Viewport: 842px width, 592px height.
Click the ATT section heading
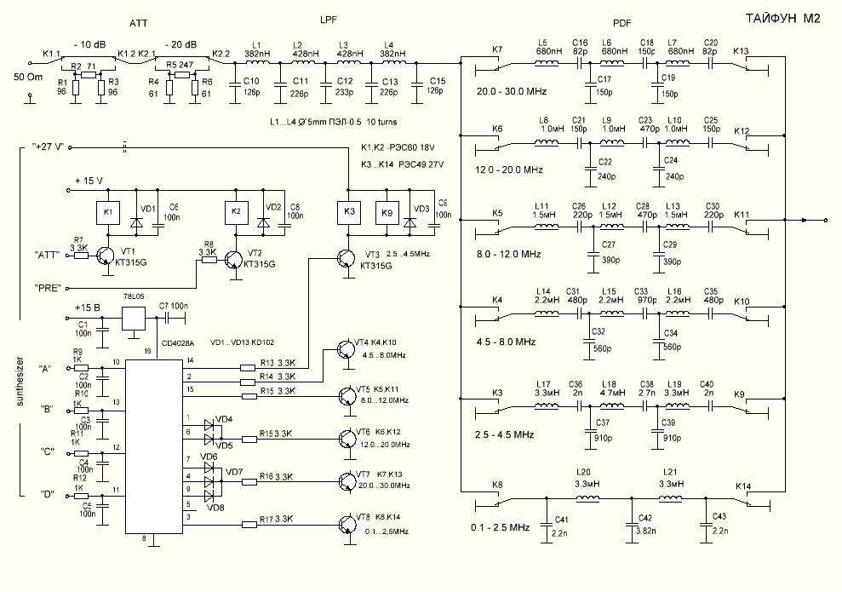point(136,22)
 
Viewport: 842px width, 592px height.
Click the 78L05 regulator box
point(135,317)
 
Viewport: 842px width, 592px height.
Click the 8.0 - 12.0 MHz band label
point(508,254)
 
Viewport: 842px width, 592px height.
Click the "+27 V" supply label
point(49,147)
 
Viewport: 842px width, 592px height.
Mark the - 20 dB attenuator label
point(181,44)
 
